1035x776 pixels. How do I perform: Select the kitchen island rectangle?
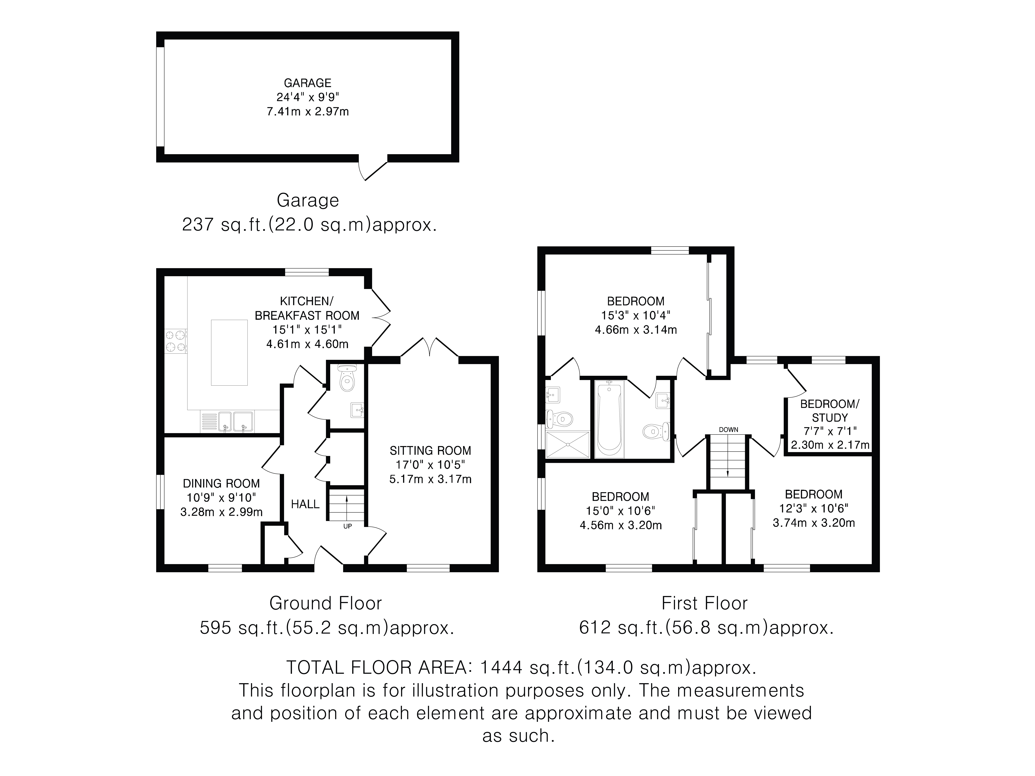tap(229, 353)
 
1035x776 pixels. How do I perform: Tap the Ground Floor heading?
tap(326, 603)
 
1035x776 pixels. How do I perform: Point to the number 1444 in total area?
tap(501, 668)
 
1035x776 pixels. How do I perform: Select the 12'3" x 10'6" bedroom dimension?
tap(814, 508)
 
